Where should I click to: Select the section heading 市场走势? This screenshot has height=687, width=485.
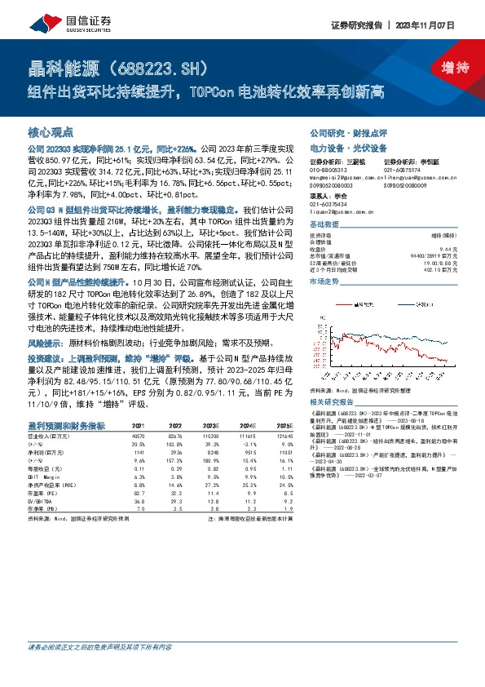[x=324, y=280]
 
